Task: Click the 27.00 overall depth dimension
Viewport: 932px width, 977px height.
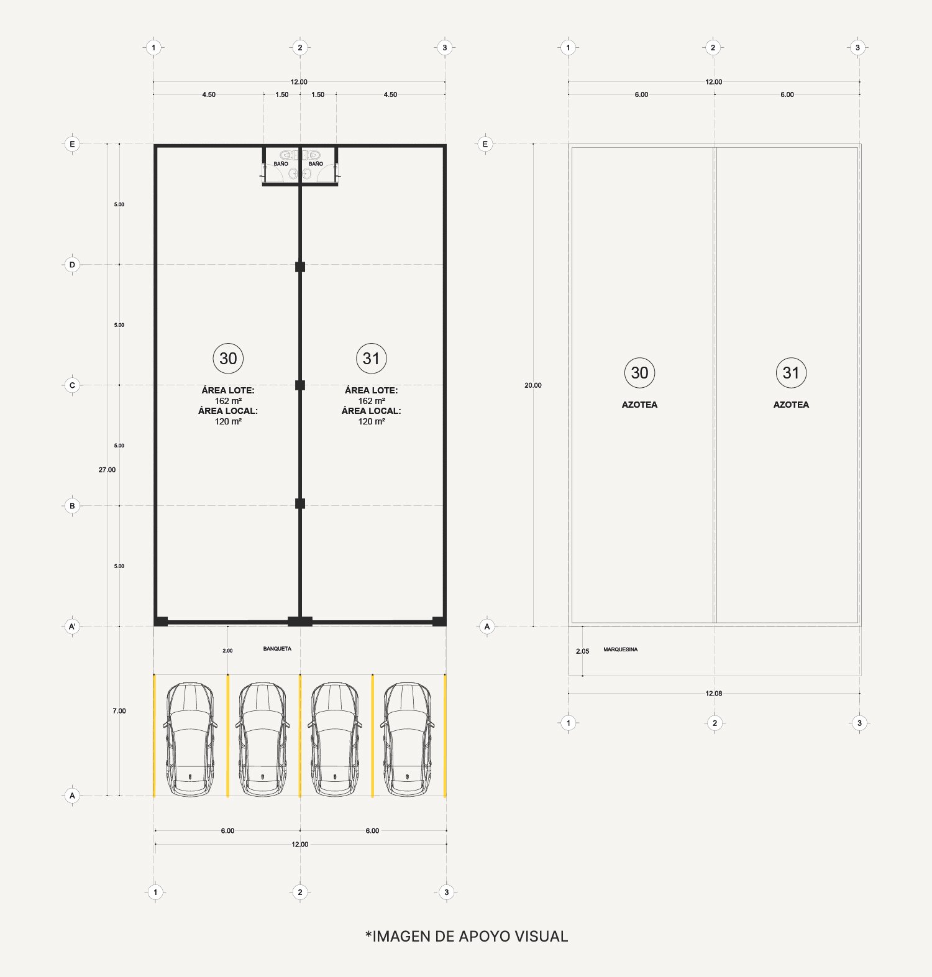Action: pos(107,470)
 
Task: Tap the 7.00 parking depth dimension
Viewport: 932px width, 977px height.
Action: pos(119,711)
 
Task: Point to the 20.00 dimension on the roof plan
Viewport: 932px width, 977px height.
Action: pos(533,385)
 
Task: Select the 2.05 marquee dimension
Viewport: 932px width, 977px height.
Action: pos(582,651)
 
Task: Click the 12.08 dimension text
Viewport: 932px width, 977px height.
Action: pos(714,694)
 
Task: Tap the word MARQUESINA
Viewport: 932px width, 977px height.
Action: pos(620,649)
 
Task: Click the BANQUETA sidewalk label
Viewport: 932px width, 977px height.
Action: pos(277,649)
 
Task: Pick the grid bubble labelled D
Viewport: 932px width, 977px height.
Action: pos(72,265)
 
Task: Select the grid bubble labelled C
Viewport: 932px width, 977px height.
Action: pos(72,385)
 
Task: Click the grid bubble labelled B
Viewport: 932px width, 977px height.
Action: pos(72,506)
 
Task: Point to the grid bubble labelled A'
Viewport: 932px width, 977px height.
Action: pos(72,626)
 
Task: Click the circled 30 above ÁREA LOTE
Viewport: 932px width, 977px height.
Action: pos(228,359)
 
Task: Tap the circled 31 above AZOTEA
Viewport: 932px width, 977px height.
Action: pos(791,373)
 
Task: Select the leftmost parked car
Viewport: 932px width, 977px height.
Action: pos(190,740)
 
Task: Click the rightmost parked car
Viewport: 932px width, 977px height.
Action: pos(408,740)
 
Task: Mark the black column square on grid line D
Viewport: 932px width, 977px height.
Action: pos(300,267)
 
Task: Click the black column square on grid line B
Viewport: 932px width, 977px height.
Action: pos(300,503)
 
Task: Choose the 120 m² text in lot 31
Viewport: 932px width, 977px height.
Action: pos(372,421)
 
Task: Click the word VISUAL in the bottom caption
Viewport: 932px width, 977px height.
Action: pos(541,937)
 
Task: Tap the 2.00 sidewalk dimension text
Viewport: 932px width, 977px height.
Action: pos(227,651)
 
